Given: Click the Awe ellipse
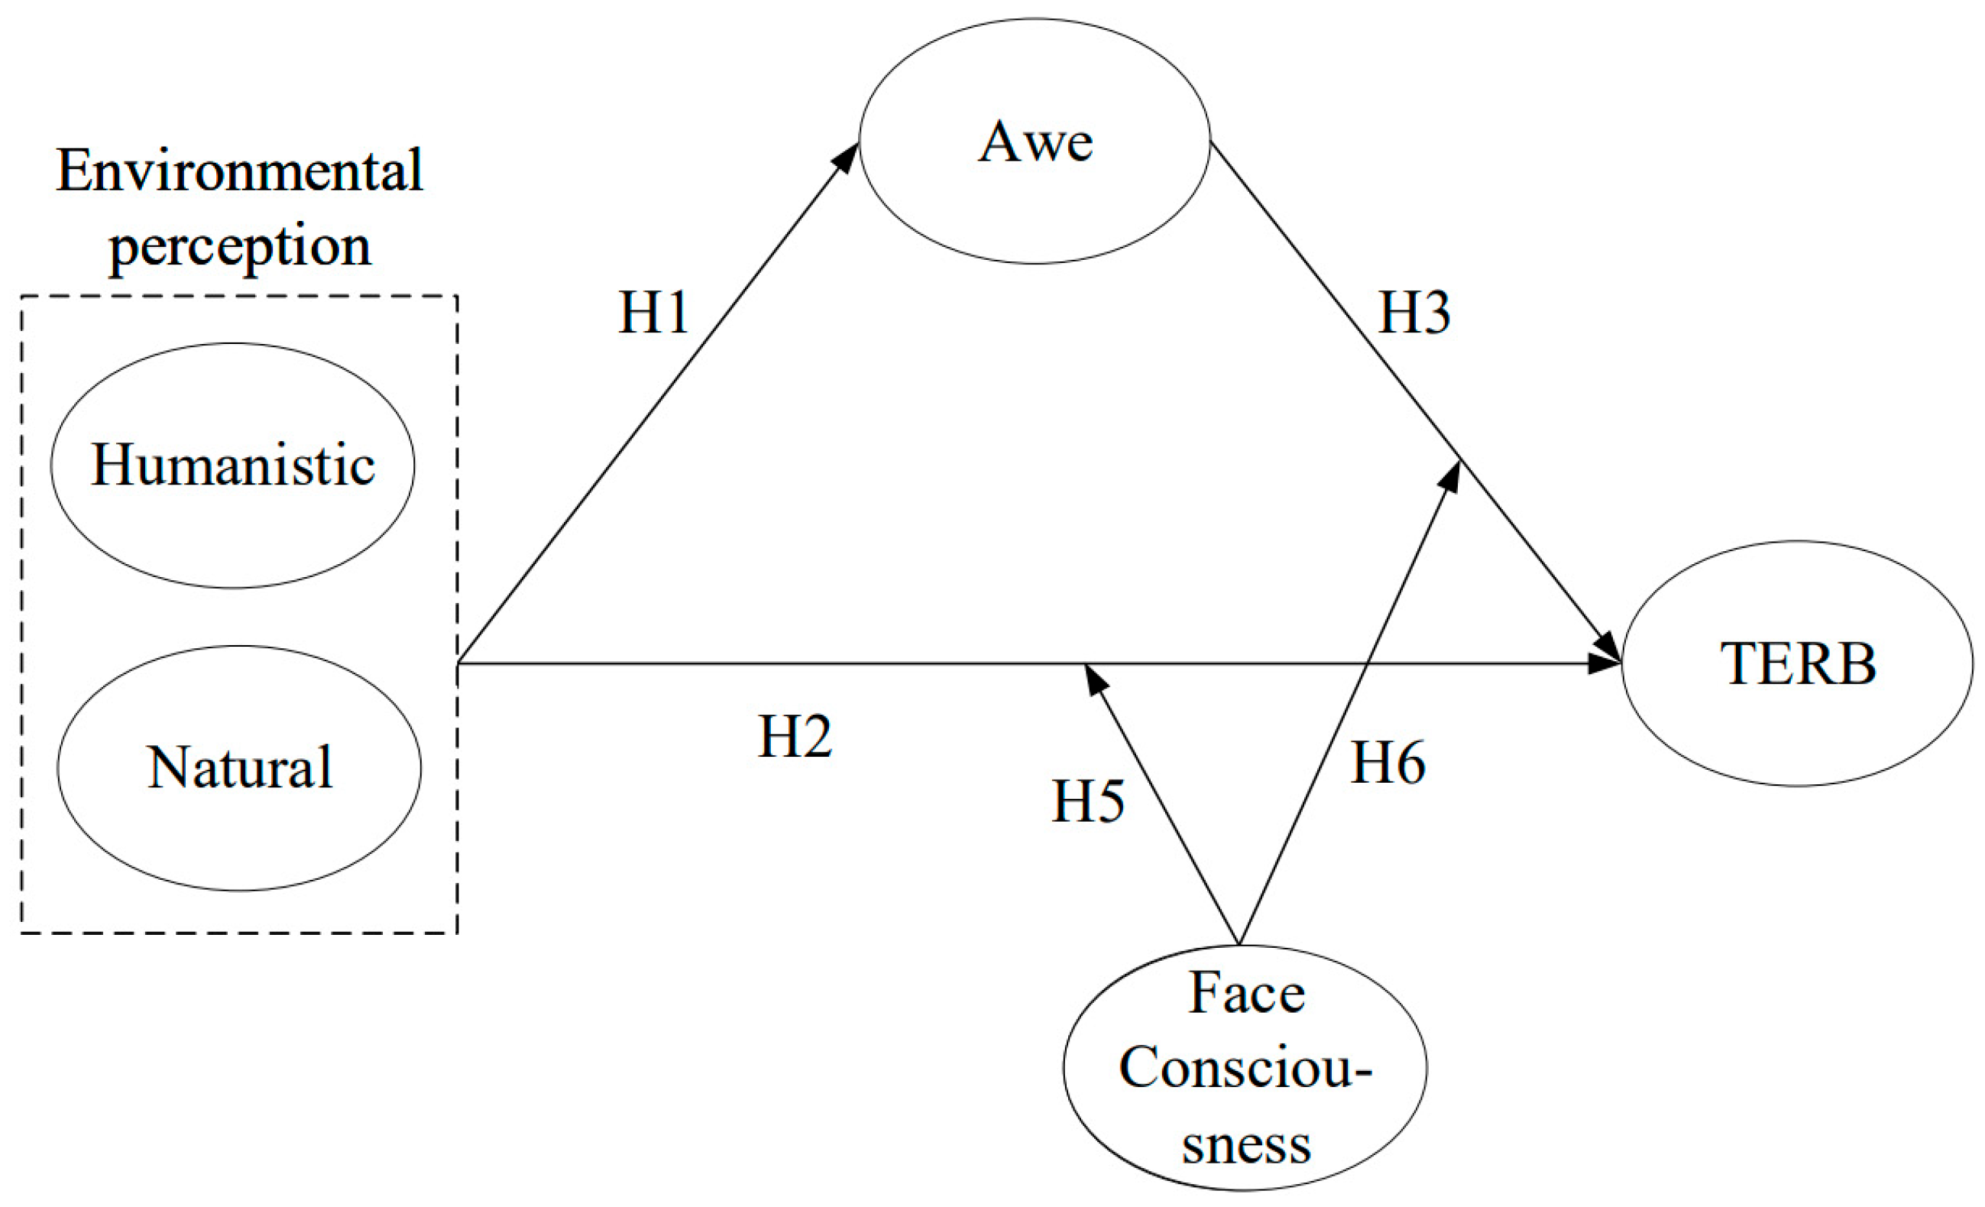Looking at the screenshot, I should [1035, 141].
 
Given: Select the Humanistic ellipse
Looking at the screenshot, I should [233, 465].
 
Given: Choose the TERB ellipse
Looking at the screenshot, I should [1797, 664].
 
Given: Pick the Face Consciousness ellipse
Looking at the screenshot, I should [1245, 1068].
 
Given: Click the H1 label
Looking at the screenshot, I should [653, 313].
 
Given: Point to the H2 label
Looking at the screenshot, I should [795, 736].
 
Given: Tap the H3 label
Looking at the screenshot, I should [1413, 313].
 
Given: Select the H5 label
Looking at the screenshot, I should [1087, 801].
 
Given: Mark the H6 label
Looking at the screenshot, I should [1388, 762].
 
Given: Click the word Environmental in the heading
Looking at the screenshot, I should [239, 170].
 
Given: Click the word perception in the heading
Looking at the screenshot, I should [239, 247].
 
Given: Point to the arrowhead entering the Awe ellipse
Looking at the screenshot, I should [846, 158].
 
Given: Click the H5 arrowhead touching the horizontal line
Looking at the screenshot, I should [1095, 680].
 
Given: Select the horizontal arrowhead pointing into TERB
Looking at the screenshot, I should [1603, 664].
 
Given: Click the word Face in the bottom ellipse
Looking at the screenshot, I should [1246, 993].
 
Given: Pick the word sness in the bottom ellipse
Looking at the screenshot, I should [1246, 1144].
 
